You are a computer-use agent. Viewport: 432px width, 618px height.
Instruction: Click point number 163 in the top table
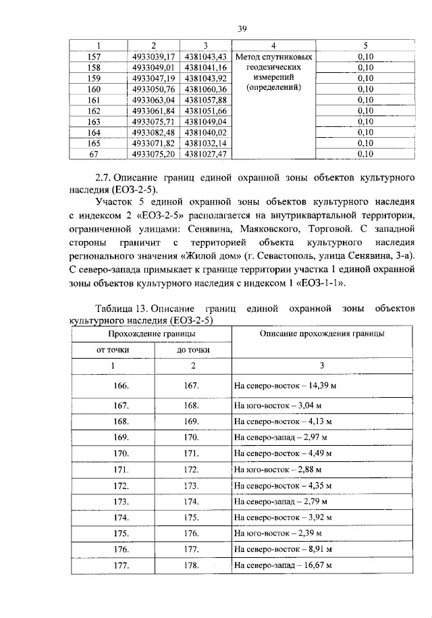(94, 122)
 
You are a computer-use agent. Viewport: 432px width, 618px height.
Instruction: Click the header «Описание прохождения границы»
(322, 334)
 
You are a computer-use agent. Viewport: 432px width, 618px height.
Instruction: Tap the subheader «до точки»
(193, 350)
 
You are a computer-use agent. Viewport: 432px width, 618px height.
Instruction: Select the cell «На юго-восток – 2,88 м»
(277, 468)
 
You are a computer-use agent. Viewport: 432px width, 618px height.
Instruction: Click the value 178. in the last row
(193, 565)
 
